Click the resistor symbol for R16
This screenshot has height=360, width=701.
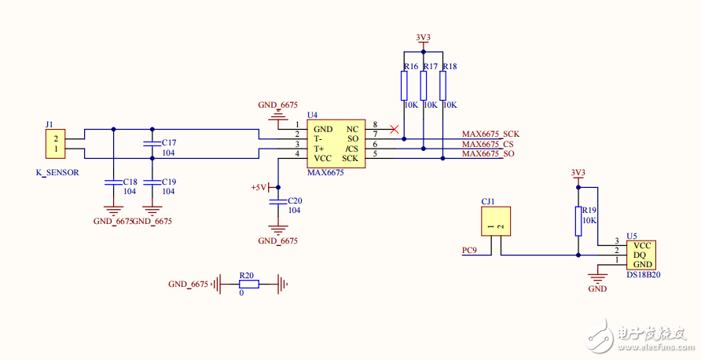[x=405, y=84]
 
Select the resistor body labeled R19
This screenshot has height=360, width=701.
[x=578, y=221]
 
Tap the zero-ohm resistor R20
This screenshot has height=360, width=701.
[x=247, y=285]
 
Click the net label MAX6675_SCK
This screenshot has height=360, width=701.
[x=490, y=134]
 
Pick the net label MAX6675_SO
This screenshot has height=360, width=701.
[x=488, y=154]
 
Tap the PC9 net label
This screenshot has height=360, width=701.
[x=470, y=251]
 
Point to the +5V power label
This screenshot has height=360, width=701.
[x=259, y=188]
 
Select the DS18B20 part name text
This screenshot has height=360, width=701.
[x=643, y=275]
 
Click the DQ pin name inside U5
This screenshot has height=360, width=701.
[x=640, y=255]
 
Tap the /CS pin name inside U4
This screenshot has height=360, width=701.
[x=351, y=149]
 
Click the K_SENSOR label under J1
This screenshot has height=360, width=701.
[x=57, y=172]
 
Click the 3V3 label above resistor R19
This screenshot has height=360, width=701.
[x=578, y=172]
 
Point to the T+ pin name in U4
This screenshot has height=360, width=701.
[x=319, y=149]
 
